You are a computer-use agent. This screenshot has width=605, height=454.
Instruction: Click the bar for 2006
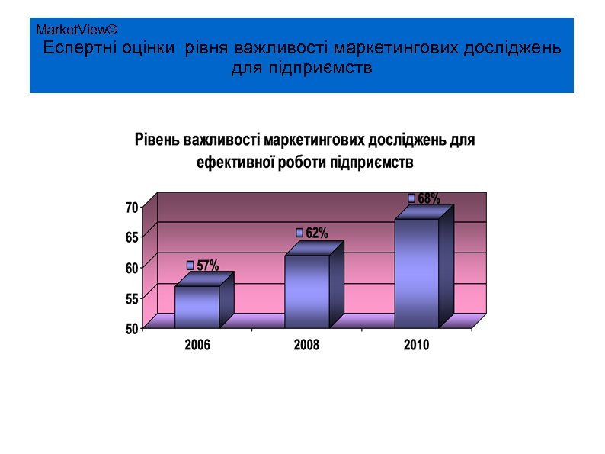tap(197, 307)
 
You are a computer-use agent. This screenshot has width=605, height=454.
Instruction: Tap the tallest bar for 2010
tap(417, 272)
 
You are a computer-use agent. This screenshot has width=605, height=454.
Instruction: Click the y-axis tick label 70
tap(132, 207)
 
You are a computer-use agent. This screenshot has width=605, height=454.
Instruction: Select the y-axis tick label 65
tap(132, 237)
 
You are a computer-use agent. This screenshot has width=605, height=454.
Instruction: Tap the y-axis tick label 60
tap(132, 268)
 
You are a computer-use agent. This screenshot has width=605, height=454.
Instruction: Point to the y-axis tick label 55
tap(132, 298)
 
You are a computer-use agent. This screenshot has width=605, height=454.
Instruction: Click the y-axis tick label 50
tap(132, 329)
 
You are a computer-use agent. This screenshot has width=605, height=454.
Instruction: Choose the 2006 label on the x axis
tap(197, 345)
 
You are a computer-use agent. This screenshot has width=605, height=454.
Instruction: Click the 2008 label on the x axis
tap(306, 345)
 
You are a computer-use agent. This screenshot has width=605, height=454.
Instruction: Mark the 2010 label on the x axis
tap(416, 345)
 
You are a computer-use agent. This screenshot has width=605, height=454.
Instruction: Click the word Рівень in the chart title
tap(158, 140)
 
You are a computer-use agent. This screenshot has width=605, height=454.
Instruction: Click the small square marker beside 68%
tap(411, 198)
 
